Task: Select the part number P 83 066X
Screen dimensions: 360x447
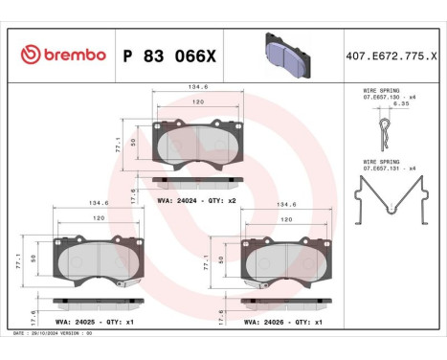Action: tap(169, 56)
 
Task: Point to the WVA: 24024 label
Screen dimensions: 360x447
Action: tap(176, 201)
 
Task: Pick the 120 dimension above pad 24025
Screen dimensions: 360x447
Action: tap(99, 219)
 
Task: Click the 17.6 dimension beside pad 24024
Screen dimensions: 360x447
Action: tap(133, 191)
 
